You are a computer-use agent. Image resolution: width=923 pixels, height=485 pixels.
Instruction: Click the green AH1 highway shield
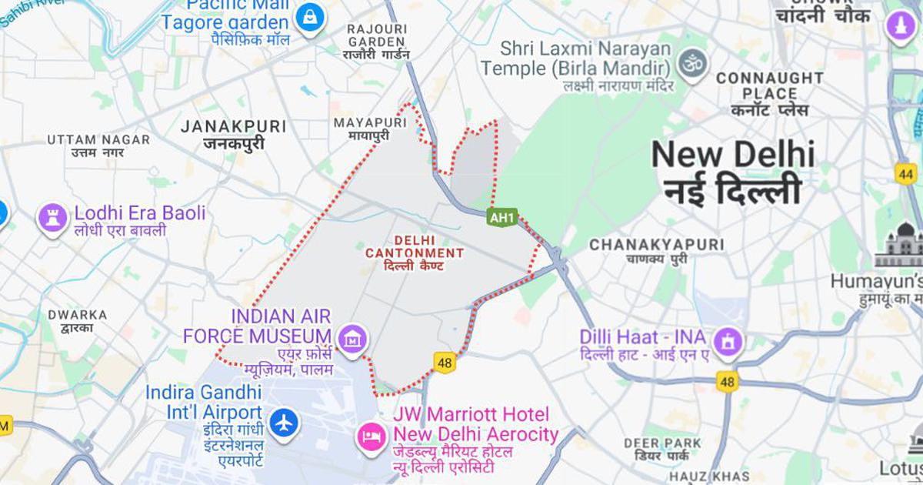click(501, 218)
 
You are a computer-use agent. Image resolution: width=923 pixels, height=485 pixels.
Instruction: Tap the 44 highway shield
click(905, 174)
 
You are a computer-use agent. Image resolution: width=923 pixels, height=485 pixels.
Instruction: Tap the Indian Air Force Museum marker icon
click(352, 338)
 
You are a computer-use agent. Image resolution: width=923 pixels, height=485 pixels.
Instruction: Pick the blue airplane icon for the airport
click(284, 423)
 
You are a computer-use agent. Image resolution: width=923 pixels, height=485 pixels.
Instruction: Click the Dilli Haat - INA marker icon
click(727, 340)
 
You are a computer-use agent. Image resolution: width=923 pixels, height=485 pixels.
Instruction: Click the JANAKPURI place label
click(233, 126)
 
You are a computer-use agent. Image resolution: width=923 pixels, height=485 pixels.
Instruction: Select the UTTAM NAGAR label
click(98, 139)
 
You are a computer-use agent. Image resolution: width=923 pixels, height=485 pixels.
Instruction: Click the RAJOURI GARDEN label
click(376, 35)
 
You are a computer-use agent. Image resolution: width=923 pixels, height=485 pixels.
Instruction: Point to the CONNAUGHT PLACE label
click(770, 85)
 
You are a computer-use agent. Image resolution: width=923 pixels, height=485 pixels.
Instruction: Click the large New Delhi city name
click(733, 156)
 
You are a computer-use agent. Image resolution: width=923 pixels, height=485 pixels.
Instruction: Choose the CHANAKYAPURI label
click(656, 244)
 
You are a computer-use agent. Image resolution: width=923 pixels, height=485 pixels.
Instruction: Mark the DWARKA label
click(77, 315)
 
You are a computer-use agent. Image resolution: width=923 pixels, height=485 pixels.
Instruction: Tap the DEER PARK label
click(662, 443)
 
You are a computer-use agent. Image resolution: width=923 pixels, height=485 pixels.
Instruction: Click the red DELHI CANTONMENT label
click(414, 246)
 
